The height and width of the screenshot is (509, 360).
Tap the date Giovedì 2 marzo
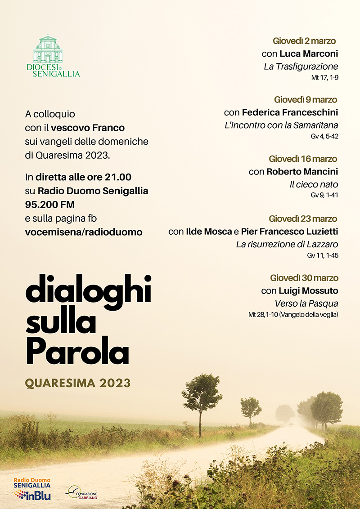click(x=305, y=41)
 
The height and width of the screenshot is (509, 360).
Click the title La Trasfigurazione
click(x=301, y=67)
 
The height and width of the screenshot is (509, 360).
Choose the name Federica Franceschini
click(x=290, y=112)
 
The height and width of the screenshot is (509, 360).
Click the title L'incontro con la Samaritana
click(x=281, y=125)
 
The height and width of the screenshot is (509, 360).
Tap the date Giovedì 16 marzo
click(x=303, y=159)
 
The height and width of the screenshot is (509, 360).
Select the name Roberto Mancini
click(x=302, y=172)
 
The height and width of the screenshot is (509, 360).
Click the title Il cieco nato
click(x=314, y=184)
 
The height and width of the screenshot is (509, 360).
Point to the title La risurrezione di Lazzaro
click(x=287, y=245)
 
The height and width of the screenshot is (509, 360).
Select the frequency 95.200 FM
click(x=50, y=205)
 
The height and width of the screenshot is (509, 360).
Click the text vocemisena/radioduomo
click(x=84, y=232)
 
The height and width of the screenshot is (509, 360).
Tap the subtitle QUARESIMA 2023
click(x=78, y=383)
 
